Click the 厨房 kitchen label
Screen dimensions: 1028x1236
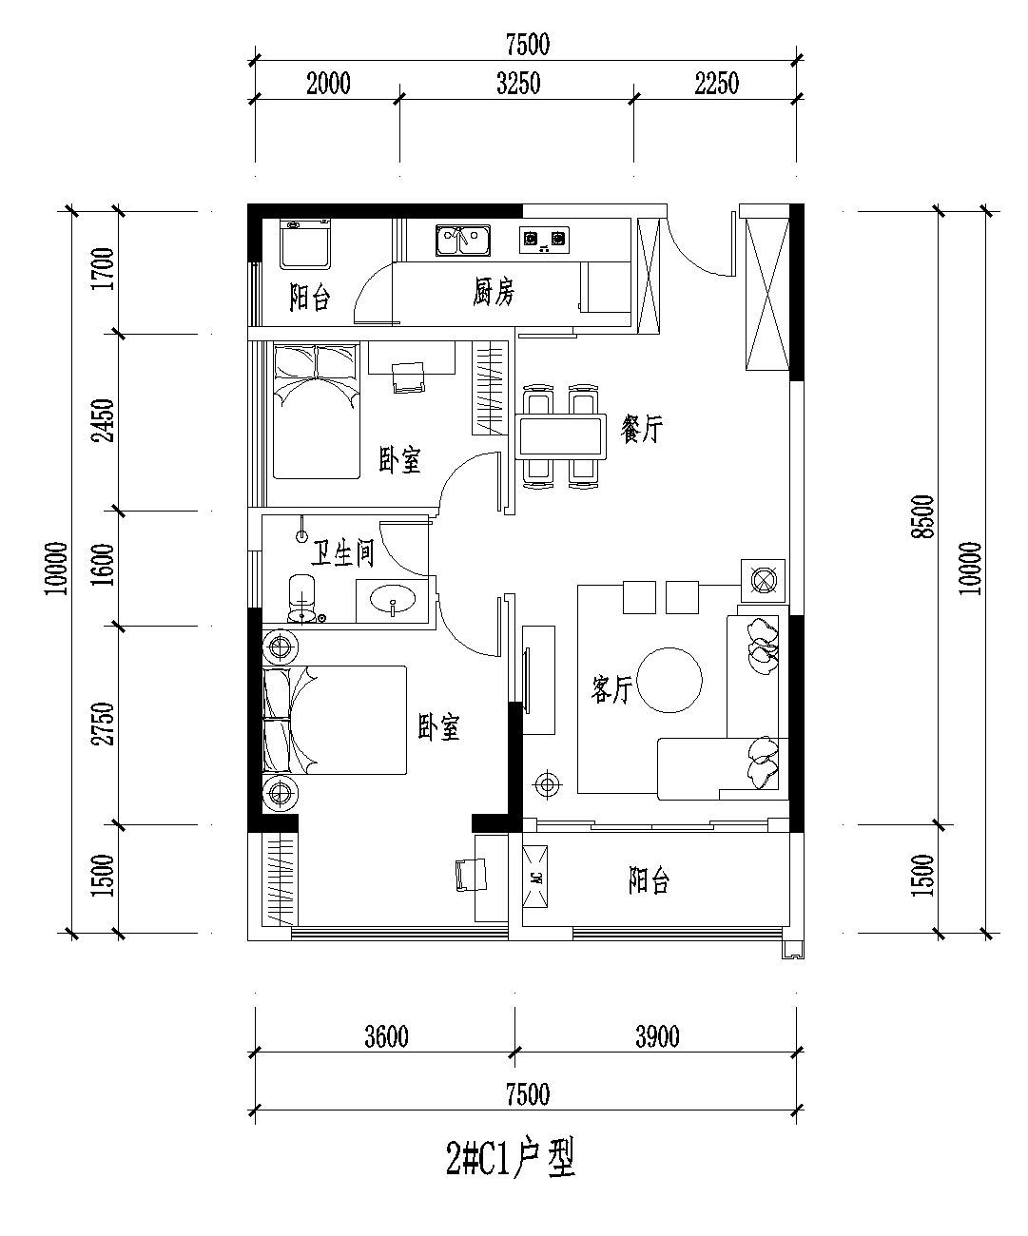point(494,292)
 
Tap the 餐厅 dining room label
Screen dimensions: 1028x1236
point(641,429)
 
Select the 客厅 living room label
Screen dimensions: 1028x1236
point(611,689)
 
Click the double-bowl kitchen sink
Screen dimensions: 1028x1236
point(463,240)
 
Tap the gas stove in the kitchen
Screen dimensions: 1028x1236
point(544,240)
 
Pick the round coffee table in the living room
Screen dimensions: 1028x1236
point(669,680)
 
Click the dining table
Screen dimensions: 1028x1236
point(561,436)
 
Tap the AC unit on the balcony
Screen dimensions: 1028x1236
point(534,877)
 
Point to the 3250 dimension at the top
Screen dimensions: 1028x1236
point(518,84)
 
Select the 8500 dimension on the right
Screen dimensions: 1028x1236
point(923,517)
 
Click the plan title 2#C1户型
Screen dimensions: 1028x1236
point(511,1158)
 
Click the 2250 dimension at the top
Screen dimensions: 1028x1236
point(716,84)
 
